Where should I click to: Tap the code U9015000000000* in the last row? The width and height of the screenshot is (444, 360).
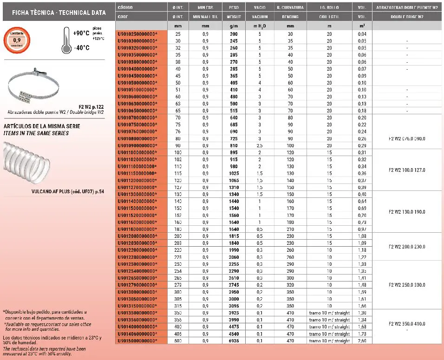137,341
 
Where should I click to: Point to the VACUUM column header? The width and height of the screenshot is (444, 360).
260,17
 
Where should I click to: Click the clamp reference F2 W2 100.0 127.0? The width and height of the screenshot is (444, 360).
406,170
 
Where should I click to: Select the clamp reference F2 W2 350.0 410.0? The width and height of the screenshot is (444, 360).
406,323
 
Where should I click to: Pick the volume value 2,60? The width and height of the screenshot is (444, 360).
363,341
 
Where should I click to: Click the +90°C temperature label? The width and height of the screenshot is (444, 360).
81,33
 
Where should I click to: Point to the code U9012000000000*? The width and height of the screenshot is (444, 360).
137,236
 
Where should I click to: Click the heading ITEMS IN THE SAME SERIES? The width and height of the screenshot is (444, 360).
36,133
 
